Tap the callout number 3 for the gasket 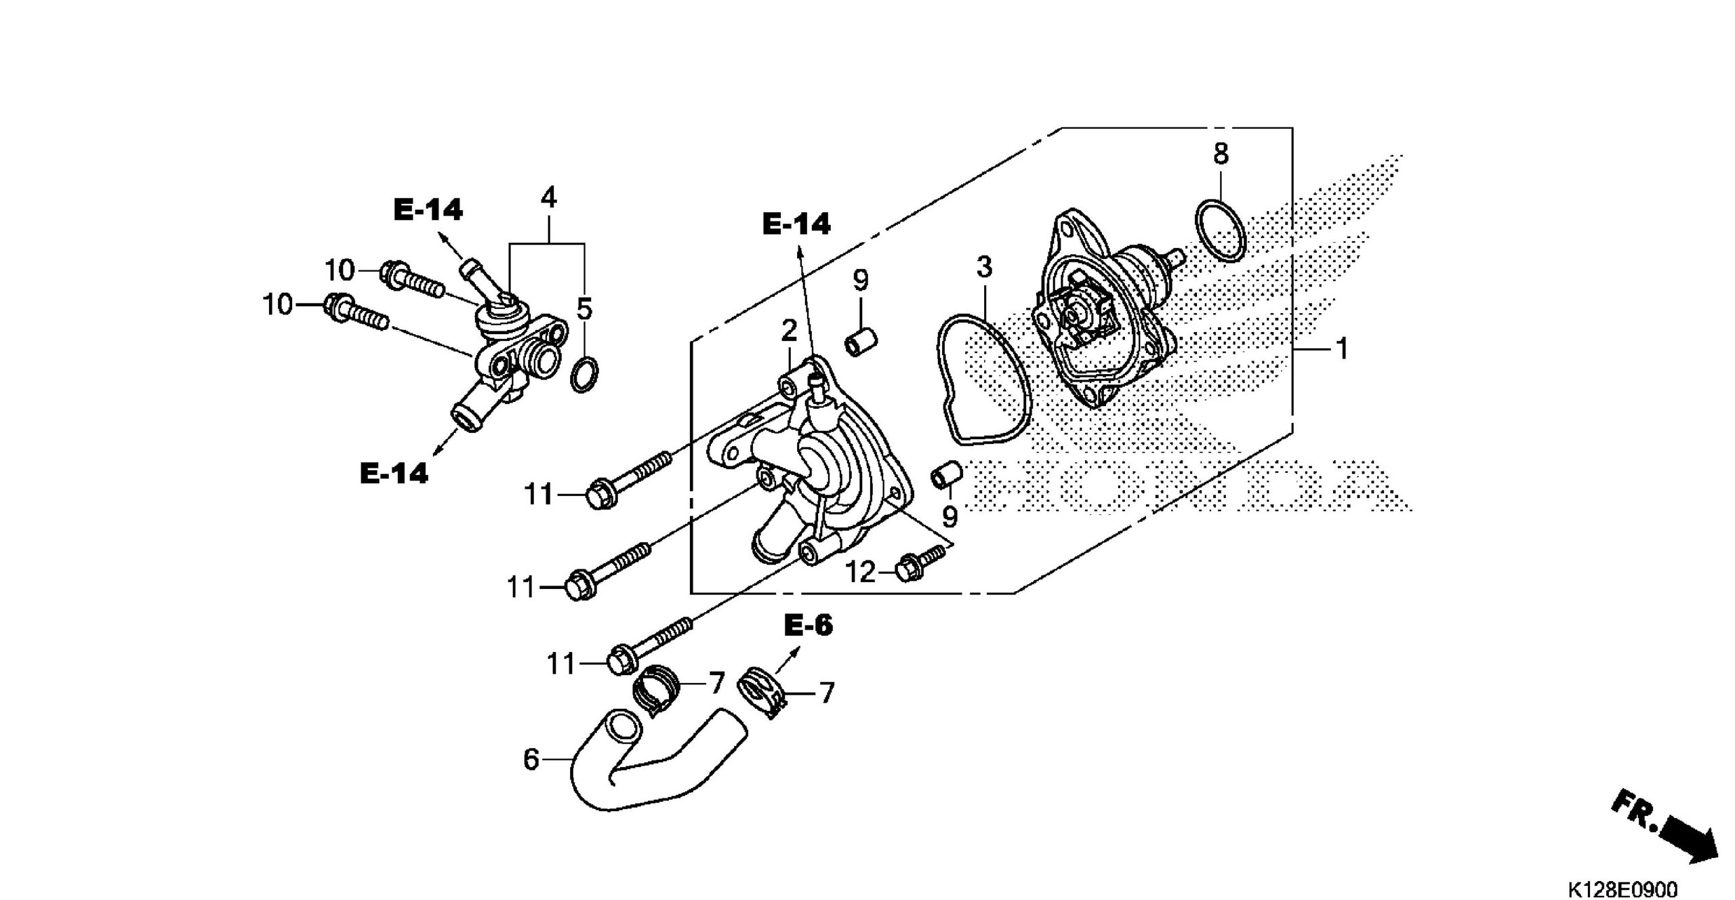[x=984, y=267]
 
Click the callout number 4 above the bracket [x=548, y=197]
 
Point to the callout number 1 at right [x=1341, y=349]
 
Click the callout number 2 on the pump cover [x=789, y=331]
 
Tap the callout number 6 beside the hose [x=531, y=760]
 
